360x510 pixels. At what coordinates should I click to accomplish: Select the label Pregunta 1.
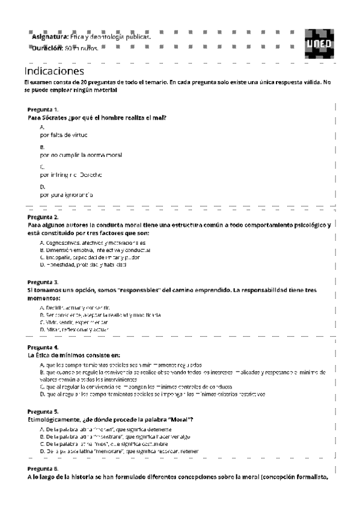[x=43, y=109]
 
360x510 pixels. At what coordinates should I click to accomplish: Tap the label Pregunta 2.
[x=43, y=217]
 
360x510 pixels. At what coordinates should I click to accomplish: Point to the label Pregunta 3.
[x=43, y=281]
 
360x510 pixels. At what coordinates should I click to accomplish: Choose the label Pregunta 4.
[x=43, y=347]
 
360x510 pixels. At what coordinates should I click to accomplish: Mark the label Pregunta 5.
[x=43, y=411]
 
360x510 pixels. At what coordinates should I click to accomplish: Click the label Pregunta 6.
[x=43, y=468]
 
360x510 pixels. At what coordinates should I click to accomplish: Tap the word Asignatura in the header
[x=50, y=37]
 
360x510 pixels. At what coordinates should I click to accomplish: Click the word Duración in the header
[x=48, y=48]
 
